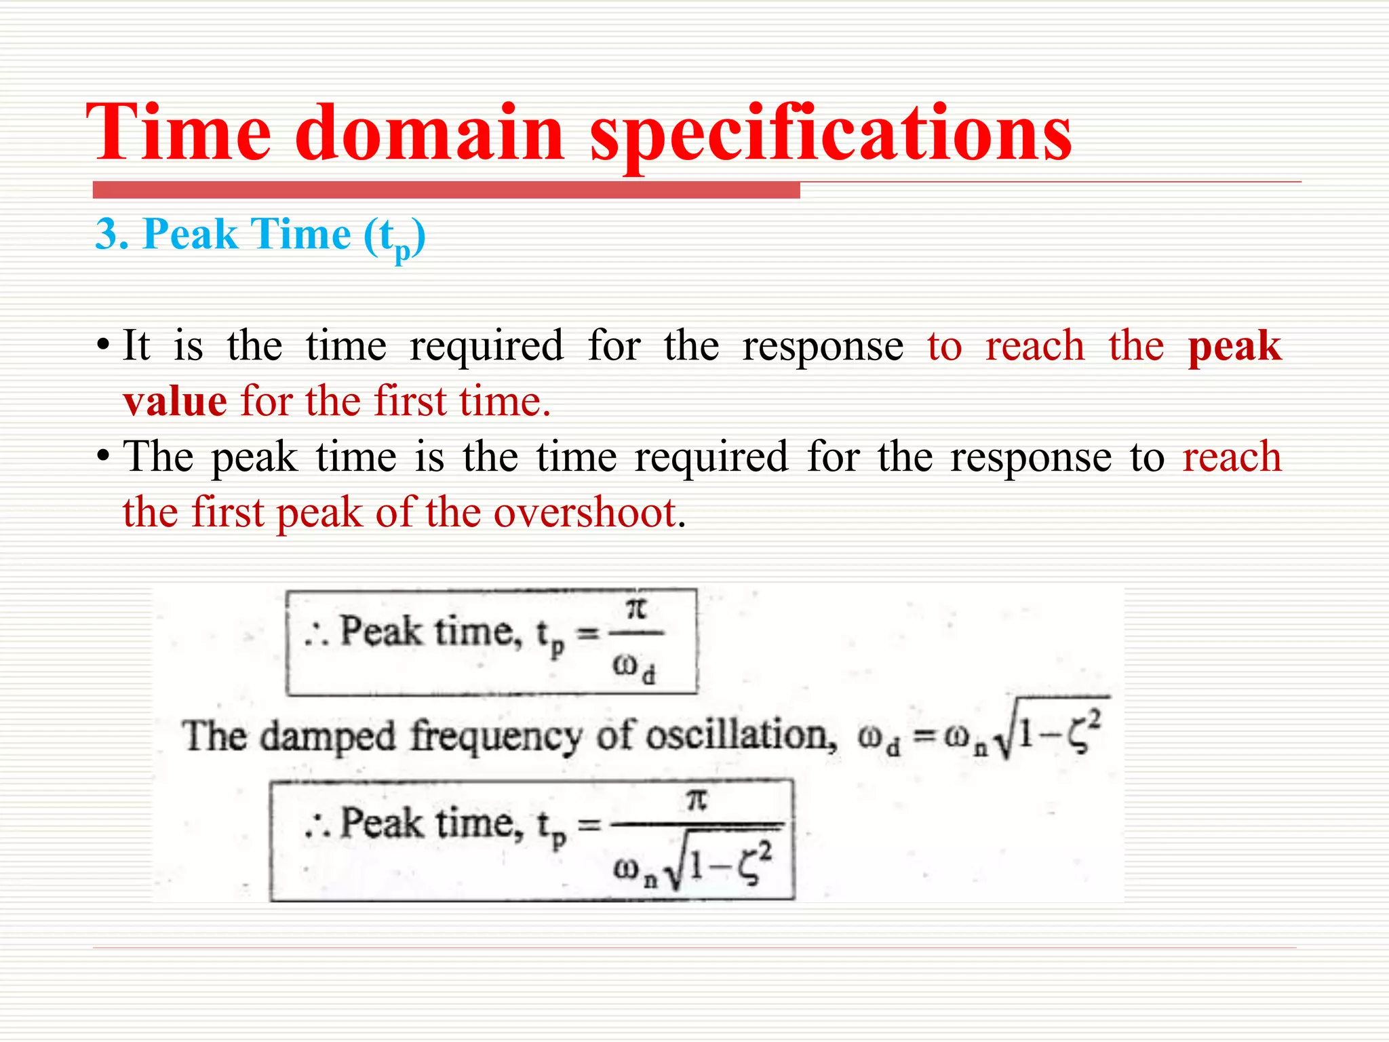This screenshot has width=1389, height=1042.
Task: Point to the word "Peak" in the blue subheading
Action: (x=191, y=235)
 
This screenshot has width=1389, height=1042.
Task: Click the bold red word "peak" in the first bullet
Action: (x=1234, y=346)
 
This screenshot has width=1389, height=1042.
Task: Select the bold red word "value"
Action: (x=175, y=402)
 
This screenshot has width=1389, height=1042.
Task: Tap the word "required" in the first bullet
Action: (x=486, y=346)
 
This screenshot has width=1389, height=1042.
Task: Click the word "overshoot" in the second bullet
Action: (x=585, y=512)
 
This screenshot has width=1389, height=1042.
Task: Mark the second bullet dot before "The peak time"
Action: (x=102, y=457)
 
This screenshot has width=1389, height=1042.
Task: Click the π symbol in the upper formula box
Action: (x=635, y=609)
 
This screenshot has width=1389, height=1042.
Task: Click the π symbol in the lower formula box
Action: (x=697, y=800)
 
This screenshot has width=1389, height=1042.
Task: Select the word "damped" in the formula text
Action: (x=328, y=737)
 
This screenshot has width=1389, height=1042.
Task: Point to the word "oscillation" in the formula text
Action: (x=741, y=736)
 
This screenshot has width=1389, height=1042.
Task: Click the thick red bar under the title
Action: (x=446, y=191)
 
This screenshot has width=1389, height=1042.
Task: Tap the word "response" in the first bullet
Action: (x=823, y=346)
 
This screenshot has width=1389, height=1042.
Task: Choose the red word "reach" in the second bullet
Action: (x=1232, y=457)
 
